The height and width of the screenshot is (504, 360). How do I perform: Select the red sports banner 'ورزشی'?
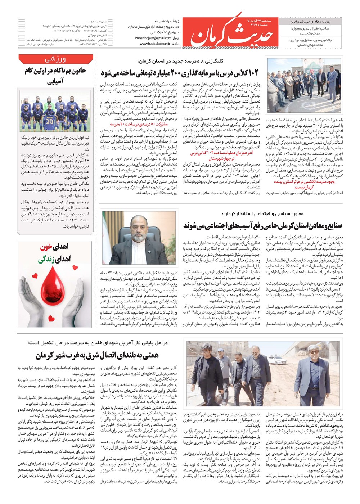point(56,59)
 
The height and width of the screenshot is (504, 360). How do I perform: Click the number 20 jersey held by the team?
point(50,122)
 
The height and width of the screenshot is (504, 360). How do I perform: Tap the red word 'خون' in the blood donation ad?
point(47,247)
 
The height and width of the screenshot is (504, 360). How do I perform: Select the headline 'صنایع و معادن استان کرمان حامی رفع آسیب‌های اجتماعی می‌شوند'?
point(263,226)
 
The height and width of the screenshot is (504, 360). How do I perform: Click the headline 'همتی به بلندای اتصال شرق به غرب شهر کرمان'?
point(97,355)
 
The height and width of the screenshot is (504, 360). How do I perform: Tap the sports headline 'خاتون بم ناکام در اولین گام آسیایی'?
point(56,75)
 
